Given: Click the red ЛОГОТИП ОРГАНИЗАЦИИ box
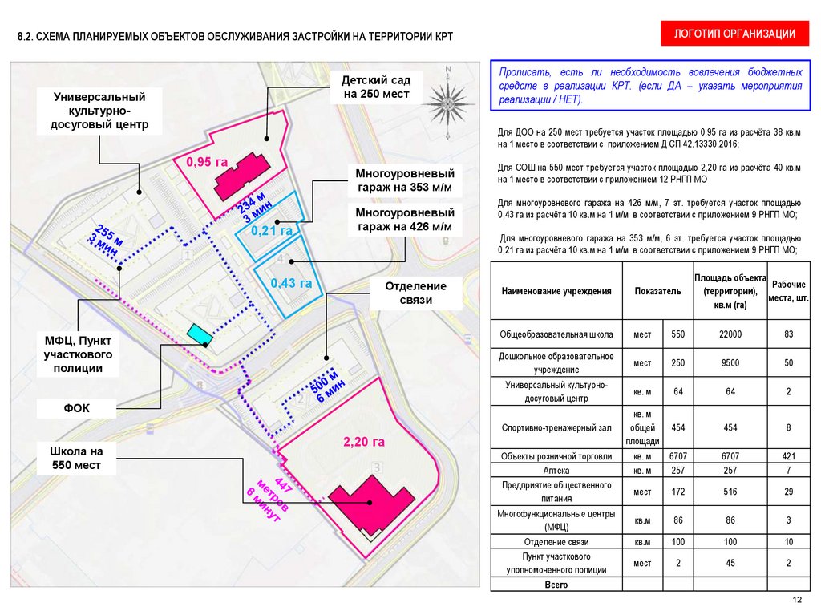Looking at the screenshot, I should pyautogui.click(x=734, y=34).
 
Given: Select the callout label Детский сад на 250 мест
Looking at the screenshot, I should pyautogui.click(x=376, y=87).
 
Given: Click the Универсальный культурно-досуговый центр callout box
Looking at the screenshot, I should pyautogui.click(x=99, y=111).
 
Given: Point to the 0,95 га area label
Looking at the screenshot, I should pyautogui.click(x=207, y=163).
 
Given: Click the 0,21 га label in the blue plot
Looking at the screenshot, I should pyautogui.click(x=270, y=230).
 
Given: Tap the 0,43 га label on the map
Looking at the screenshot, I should pyautogui.click(x=291, y=283).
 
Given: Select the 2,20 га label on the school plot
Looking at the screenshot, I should pyautogui.click(x=365, y=442).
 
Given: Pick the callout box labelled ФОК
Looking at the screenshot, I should pyautogui.click(x=77, y=408).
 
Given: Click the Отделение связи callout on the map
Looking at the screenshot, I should pyautogui.click(x=416, y=293).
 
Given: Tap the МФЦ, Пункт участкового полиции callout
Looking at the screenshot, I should pyautogui.click(x=78, y=354).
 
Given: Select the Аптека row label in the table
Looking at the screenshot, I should pyautogui.click(x=556, y=471).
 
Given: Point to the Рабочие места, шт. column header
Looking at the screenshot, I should pyautogui.click(x=788, y=291).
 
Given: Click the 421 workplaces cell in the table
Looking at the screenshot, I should pyautogui.click(x=788, y=456).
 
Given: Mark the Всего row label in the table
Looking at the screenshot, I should pyautogui.click(x=556, y=585).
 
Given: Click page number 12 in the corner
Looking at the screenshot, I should pyautogui.click(x=796, y=601).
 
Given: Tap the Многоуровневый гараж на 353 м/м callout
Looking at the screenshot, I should pyautogui.click(x=405, y=180).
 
